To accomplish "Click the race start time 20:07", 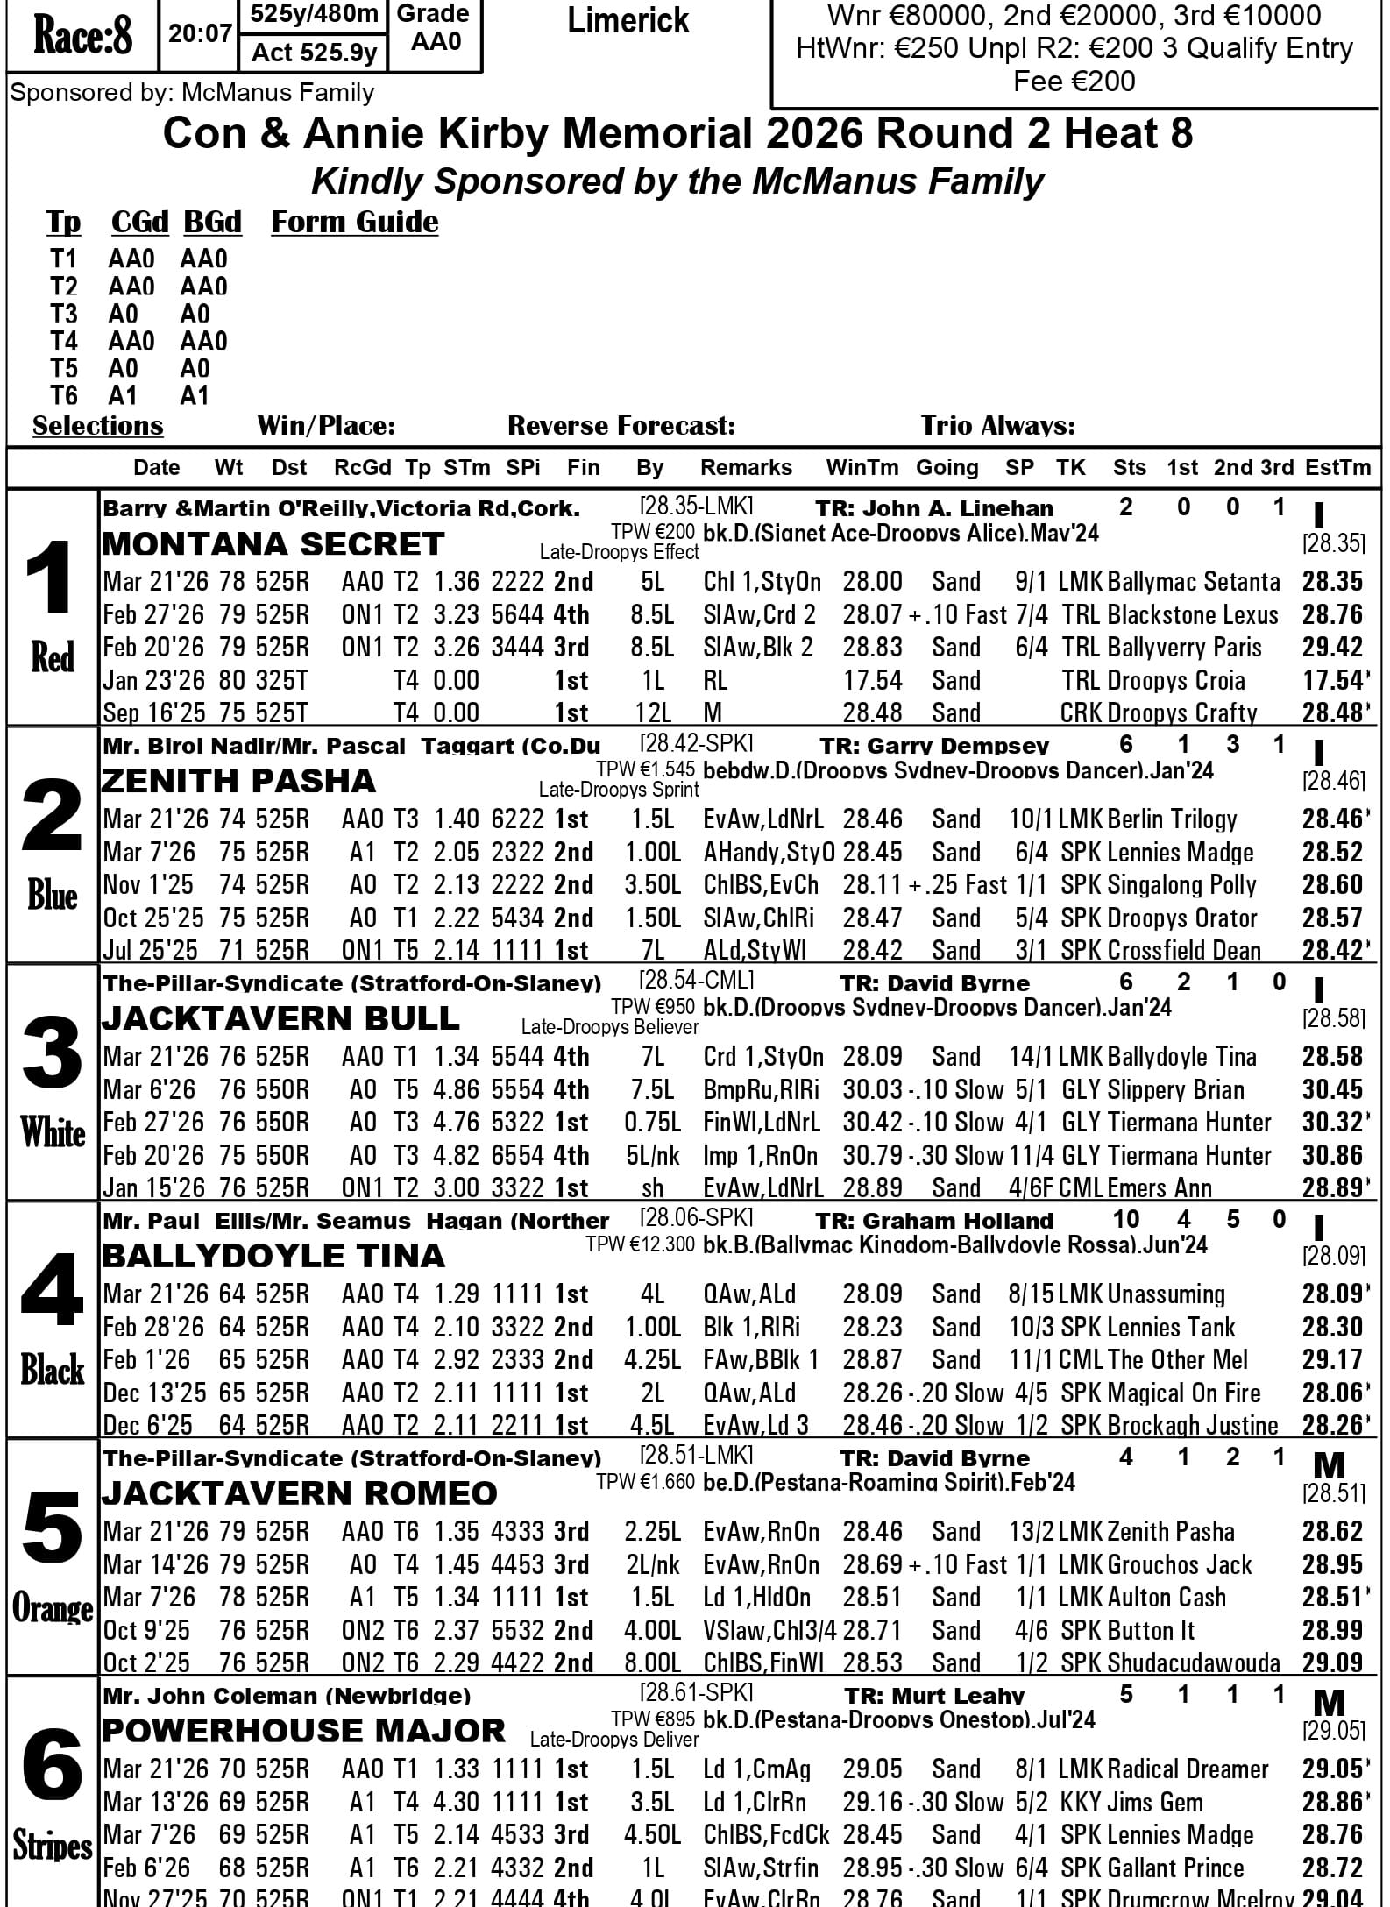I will point(200,35).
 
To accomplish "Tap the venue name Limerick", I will point(628,21).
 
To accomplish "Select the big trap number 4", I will point(52,1291).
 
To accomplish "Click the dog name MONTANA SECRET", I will point(273,544).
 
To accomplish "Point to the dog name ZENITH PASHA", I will point(238,781).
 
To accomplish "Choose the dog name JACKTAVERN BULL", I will point(280,1018).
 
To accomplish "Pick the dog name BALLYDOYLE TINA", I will point(273,1256).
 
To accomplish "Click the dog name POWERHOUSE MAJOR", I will point(303,1731).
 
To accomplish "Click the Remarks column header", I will point(746,468).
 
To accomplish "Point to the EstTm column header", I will point(1337,468).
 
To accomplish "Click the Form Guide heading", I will point(354,223).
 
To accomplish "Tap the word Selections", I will point(97,426).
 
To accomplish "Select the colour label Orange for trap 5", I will point(52,1608).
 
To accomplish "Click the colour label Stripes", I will point(52,1846).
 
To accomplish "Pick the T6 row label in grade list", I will point(64,396).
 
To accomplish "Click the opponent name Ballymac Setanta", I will point(1194,582).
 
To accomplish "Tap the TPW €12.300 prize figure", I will point(640,1244).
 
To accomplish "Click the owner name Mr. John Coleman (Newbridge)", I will point(287,1696).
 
